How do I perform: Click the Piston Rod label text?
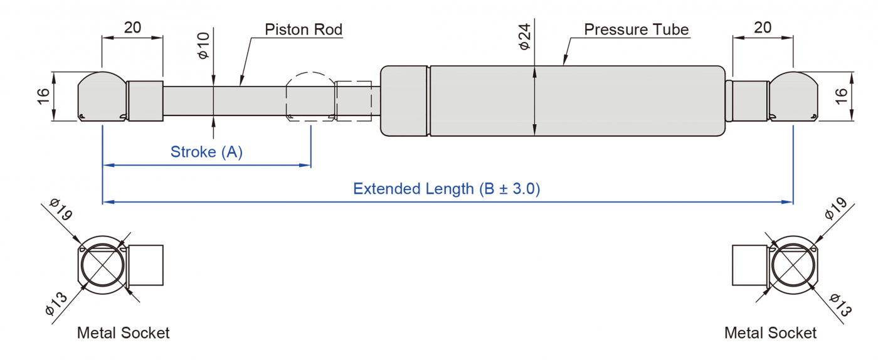tap(304, 29)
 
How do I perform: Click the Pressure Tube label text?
tap(636, 29)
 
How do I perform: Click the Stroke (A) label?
tap(206, 152)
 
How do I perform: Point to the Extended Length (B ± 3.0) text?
tap(447, 189)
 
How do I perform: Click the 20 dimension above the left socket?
tap(132, 28)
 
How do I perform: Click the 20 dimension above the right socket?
tap(763, 28)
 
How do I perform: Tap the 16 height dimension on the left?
tap(43, 96)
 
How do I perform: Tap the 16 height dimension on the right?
tap(842, 96)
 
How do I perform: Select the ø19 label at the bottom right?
tap(835, 208)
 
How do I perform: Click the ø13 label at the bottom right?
tap(840, 305)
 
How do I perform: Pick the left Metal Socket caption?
tap(123, 333)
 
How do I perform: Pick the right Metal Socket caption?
tap(770, 333)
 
